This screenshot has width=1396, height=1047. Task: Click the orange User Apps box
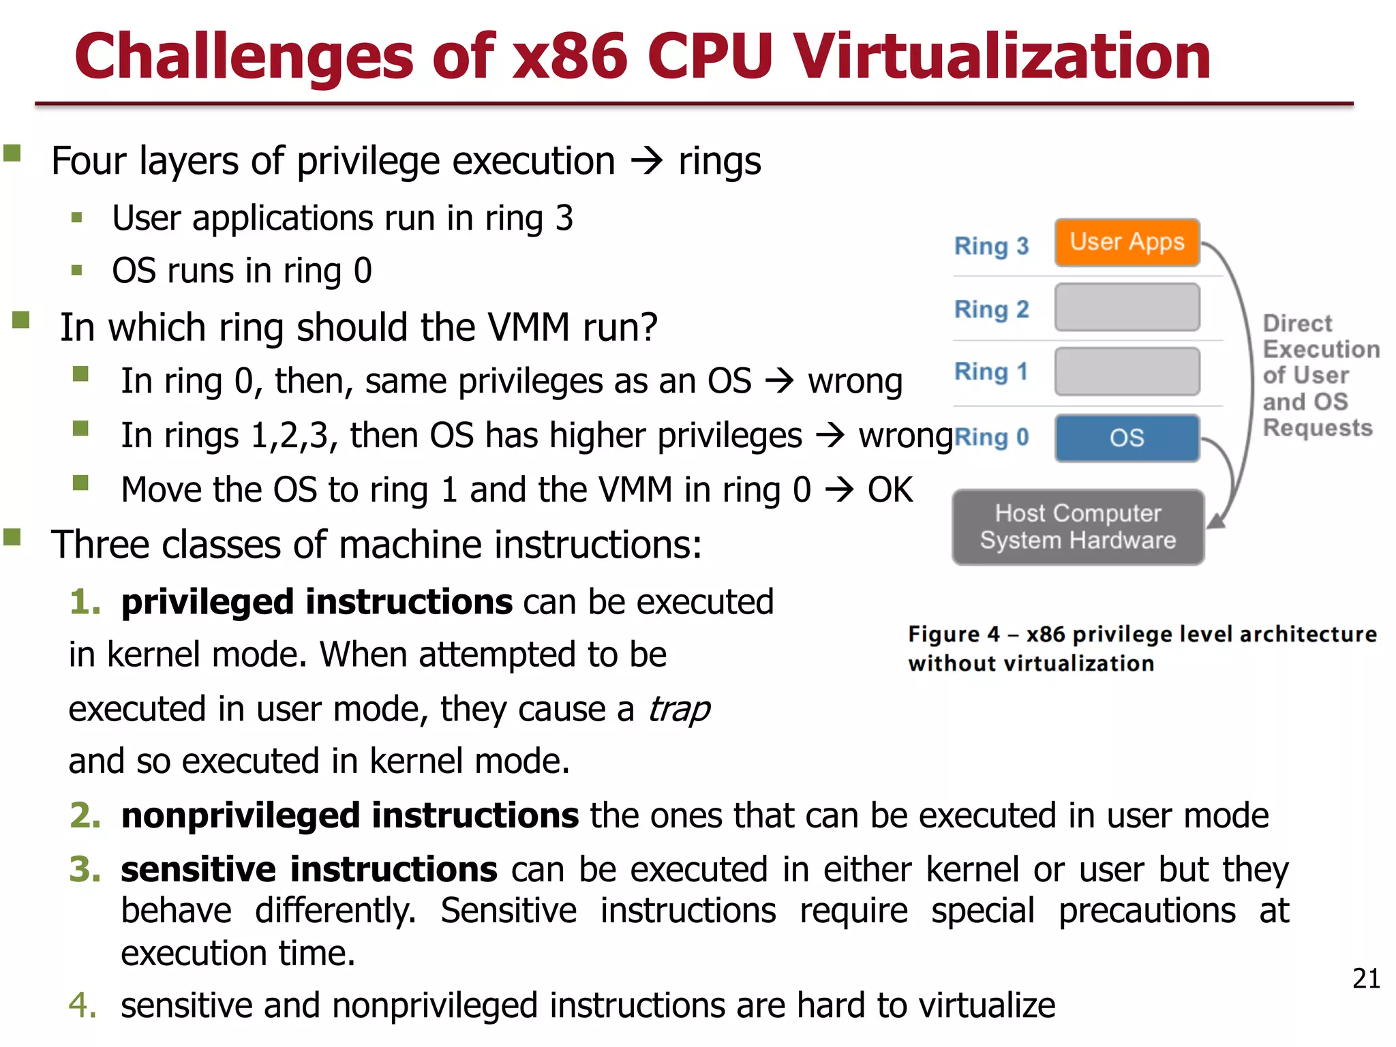click(1127, 243)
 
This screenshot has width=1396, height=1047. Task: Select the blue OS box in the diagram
click(1127, 438)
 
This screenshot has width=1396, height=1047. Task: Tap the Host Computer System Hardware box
click(1078, 527)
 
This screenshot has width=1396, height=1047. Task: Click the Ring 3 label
click(991, 246)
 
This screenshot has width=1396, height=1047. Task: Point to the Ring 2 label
click(991, 309)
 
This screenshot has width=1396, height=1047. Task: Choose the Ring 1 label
click(991, 372)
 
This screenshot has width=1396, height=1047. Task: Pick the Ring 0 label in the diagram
click(991, 437)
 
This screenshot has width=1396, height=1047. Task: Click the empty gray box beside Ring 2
click(1127, 307)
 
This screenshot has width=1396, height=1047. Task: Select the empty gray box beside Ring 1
click(1127, 371)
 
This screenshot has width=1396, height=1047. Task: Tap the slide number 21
click(1365, 979)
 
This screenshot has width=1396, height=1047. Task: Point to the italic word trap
click(679, 710)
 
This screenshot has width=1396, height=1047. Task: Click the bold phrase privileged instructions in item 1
click(316, 603)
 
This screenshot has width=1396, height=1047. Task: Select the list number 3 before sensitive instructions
click(85, 870)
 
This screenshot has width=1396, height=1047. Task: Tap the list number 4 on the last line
click(82, 1005)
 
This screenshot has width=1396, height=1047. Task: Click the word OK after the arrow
click(890, 490)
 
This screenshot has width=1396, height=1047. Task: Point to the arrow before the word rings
click(646, 162)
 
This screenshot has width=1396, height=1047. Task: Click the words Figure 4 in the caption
click(953, 635)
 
